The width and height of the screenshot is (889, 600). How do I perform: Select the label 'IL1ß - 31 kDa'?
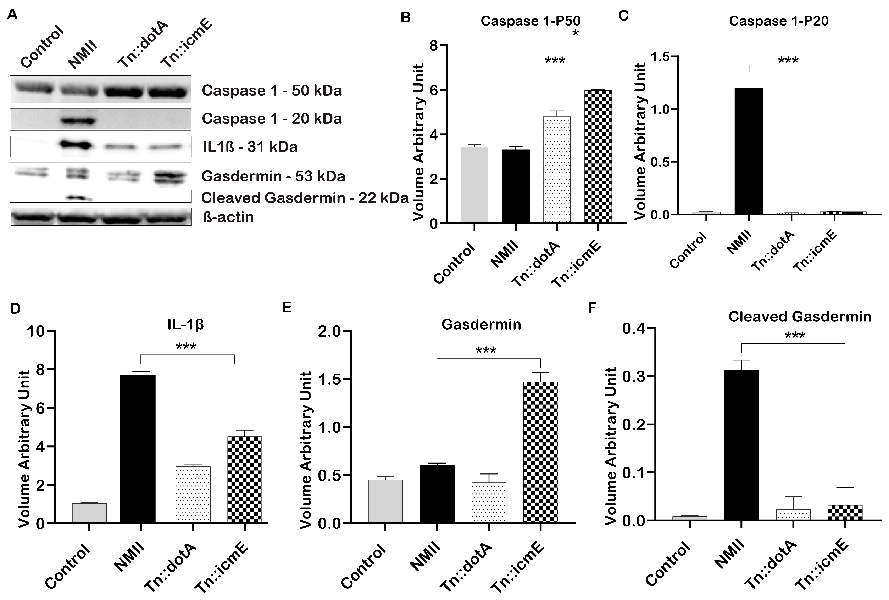click(250, 147)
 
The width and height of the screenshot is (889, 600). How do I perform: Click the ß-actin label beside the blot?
click(228, 217)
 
